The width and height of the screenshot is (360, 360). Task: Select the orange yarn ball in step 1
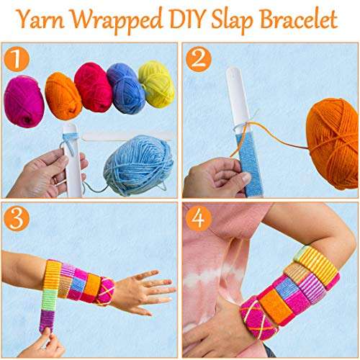pyautogui.click(x=63, y=95)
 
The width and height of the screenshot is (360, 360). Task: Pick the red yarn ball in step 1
pyautogui.click(x=94, y=87)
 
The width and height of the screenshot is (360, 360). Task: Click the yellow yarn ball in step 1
pyautogui.click(x=156, y=83)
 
